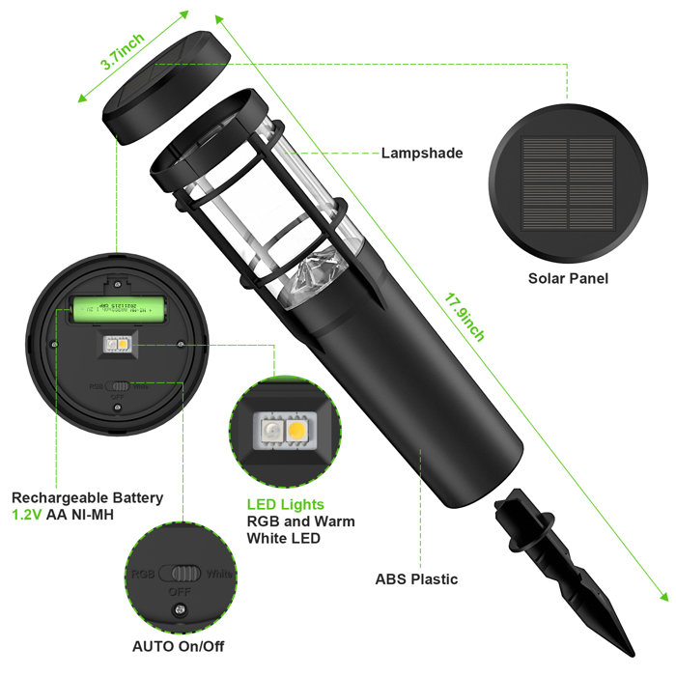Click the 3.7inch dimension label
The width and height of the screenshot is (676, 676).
coord(123,51)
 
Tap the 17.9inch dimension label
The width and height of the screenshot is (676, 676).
coord(465,302)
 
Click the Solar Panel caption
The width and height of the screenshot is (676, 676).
coord(567,278)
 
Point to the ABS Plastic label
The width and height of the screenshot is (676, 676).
coord(416,579)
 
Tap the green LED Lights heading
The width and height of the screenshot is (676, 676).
coord(286,504)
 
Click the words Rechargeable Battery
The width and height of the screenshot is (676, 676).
coord(88,497)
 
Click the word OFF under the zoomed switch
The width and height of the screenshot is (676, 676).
coord(179,591)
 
